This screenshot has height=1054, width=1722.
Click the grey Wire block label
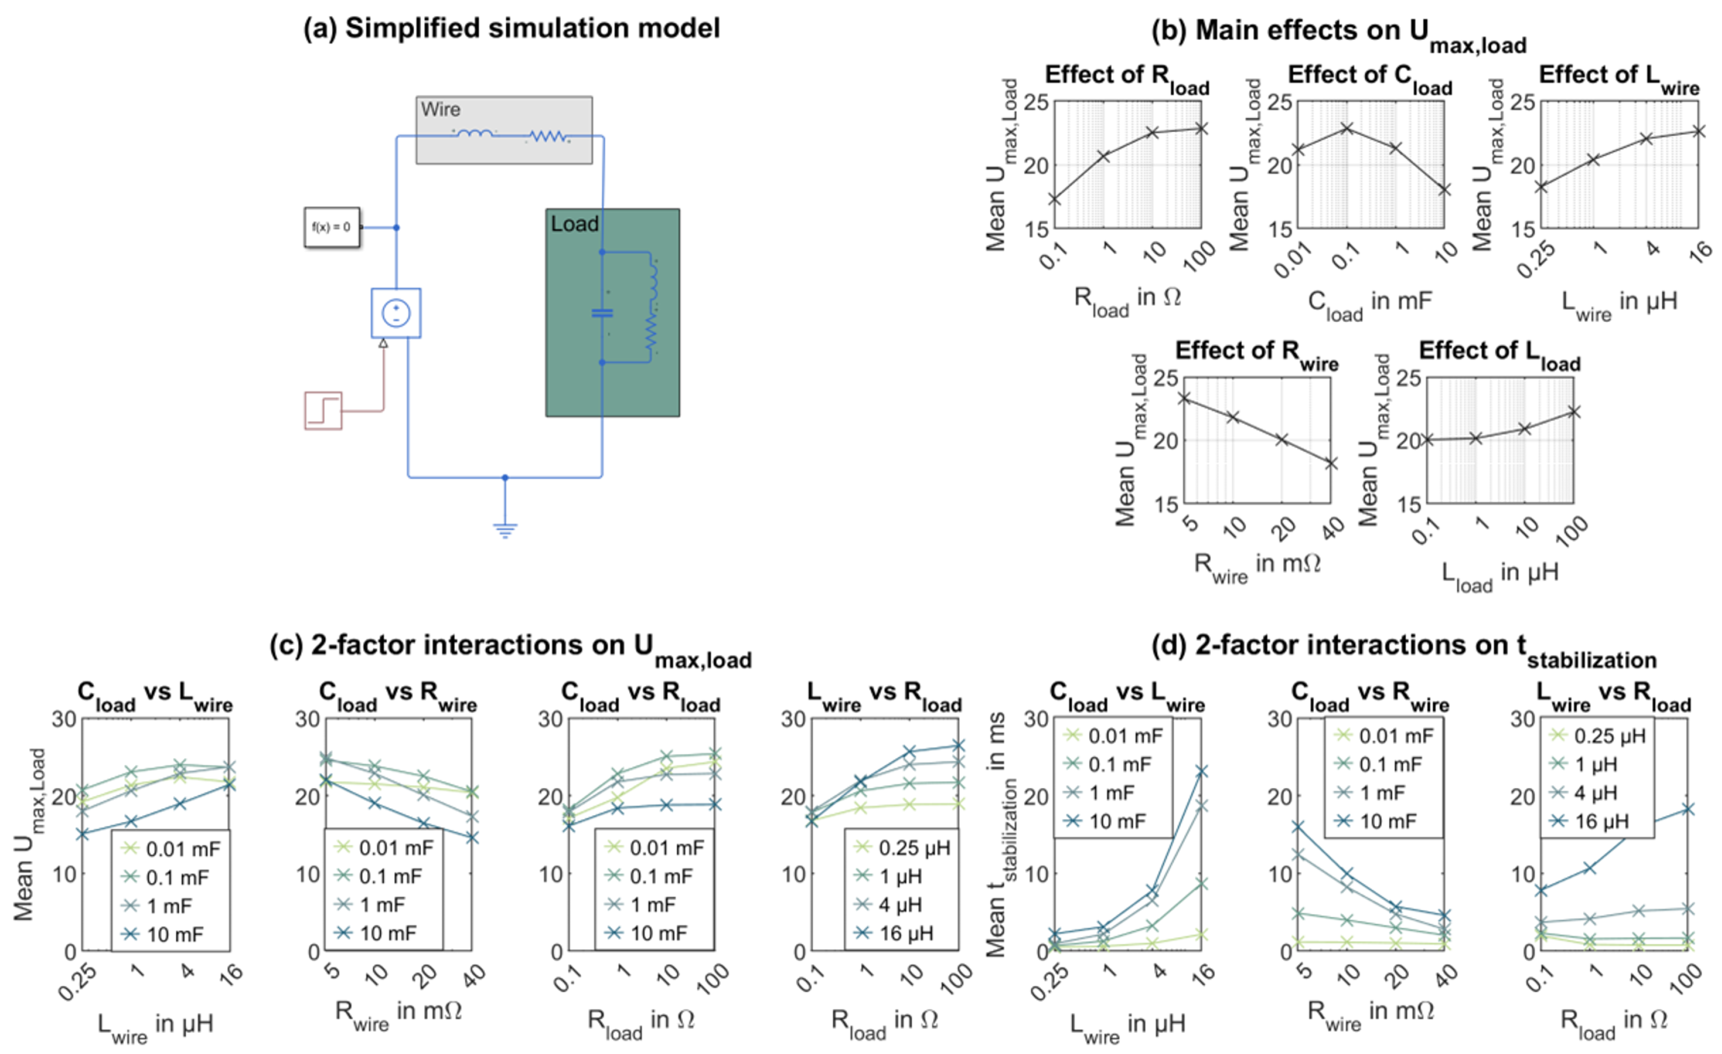(x=440, y=110)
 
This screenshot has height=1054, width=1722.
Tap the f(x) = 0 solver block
(x=332, y=227)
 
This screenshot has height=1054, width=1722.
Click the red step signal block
(x=323, y=410)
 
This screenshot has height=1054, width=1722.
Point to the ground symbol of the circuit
(x=505, y=529)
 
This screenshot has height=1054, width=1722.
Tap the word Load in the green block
(x=574, y=224)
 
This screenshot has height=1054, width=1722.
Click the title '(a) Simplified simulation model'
(x=511, y=29)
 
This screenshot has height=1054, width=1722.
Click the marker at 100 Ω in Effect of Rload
(x=1201, y=129)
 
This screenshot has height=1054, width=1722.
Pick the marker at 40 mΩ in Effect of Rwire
(x=1331, y=463)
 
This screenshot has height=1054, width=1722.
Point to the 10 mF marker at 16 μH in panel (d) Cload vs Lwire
(x=1201, y=772)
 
